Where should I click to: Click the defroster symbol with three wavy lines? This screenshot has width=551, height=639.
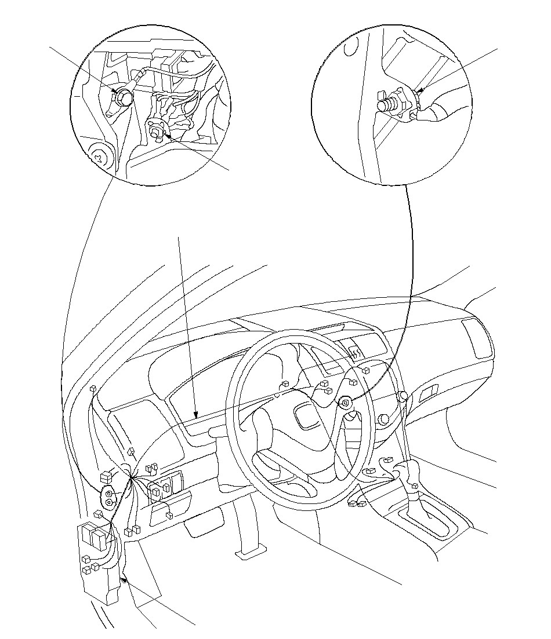pyautogui.click(x=355, y=351)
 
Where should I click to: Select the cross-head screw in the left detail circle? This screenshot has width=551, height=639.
pyautogui.click(x=99, y=156)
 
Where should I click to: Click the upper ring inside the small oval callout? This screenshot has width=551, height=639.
pyautogui.click(x=108, y=493)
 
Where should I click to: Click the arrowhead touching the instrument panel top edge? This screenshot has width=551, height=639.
pyautogui.click(x=197, y=415)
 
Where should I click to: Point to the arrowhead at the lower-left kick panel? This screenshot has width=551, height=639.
pyautogui.click(x=123, y=578)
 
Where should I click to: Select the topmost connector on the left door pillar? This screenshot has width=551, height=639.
pyautogui.click(x=93, y=387)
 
